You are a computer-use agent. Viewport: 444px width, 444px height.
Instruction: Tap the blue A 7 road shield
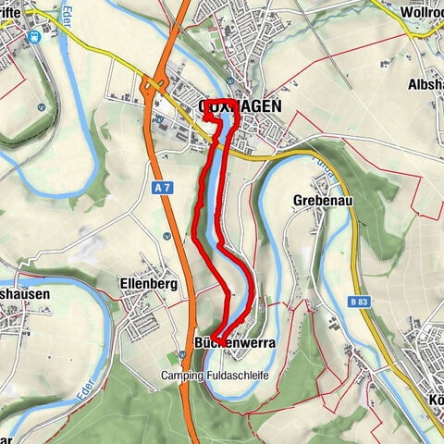(163, 188)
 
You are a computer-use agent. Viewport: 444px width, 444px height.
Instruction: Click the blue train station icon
(35, 37)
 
